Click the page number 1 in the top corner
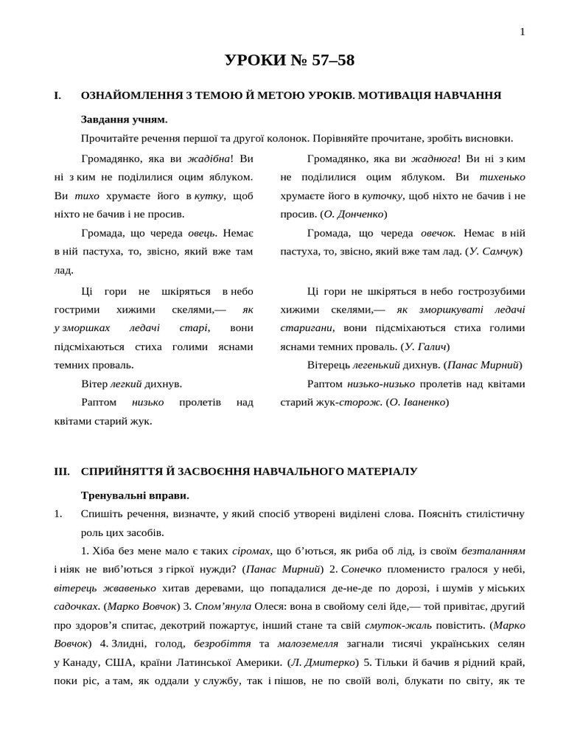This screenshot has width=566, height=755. click(x=523, y=31)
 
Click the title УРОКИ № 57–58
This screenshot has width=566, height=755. click(x=290, y=60)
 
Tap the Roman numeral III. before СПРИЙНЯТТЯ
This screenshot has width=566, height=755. click(x=61, y=470)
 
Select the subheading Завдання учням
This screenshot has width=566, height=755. click(x=124, y=119)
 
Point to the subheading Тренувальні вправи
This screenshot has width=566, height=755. click(x=135, y=495)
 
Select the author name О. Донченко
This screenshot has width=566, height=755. click(x=354, y=214)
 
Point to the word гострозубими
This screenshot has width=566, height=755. click(x=489, y=291)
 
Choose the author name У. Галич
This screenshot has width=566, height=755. click(x=427, y=346)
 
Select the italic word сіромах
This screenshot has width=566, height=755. click(x=251, y=551)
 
